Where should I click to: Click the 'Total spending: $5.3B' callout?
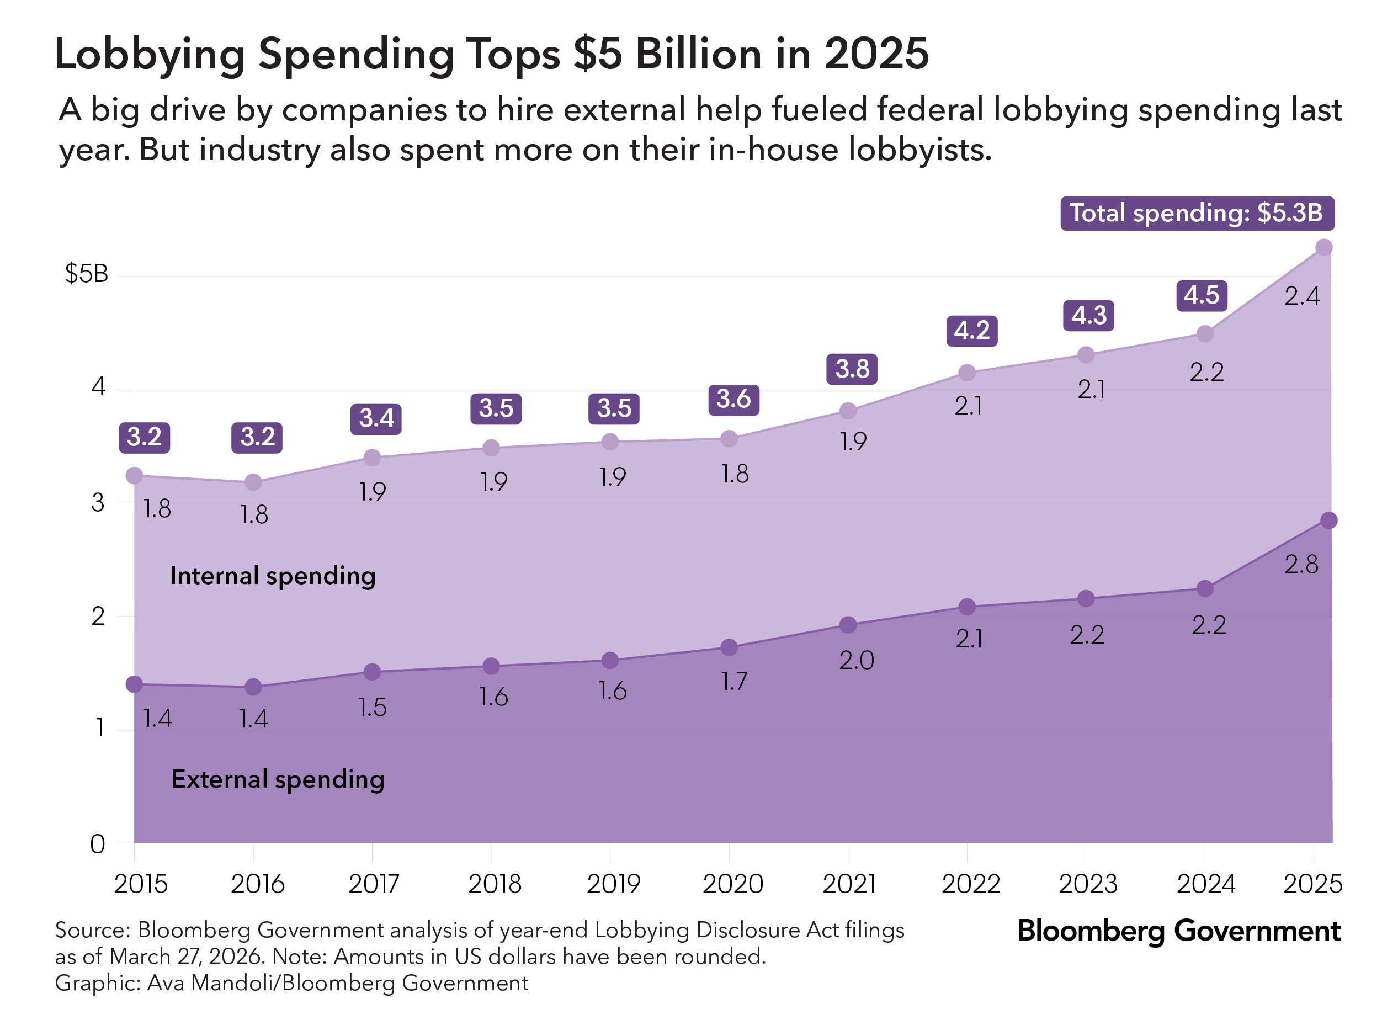(1196, 214)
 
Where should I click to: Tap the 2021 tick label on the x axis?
(849, 884)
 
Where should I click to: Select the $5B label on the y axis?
(87, 274)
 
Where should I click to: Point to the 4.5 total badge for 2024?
(1201, 295)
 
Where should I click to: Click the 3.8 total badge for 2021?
(852, 369)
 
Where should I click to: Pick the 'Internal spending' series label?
(273, 576)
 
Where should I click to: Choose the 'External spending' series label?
(278, 779)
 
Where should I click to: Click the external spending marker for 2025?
(1329, 520)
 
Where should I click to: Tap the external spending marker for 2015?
(135, 684)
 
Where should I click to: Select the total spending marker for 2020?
(729, 439)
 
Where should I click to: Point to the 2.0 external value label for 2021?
(856, 661)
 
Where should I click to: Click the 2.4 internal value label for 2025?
(1302, 297)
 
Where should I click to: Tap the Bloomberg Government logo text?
(1178, 931)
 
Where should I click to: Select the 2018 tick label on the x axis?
(495, 884)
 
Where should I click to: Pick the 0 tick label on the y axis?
(98, 844)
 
